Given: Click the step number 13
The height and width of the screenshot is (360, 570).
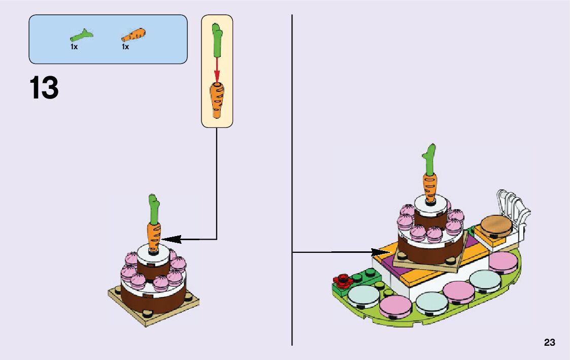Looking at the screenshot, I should [44, 88].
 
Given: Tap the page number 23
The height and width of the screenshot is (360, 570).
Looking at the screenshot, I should [549, 343].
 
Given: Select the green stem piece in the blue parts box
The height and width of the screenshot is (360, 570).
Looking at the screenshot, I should [82, 36].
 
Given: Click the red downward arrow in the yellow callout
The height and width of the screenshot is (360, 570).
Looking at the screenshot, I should [217, 69].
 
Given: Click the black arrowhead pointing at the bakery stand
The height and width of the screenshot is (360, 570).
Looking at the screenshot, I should [379, 252].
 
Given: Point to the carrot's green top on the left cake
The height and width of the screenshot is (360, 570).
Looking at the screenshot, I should [154, 208].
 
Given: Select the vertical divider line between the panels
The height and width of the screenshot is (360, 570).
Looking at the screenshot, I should [292, 152].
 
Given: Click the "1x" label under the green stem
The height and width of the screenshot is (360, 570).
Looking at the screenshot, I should [74, 47].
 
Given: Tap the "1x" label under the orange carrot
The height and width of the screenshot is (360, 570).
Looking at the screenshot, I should [125, 47].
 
